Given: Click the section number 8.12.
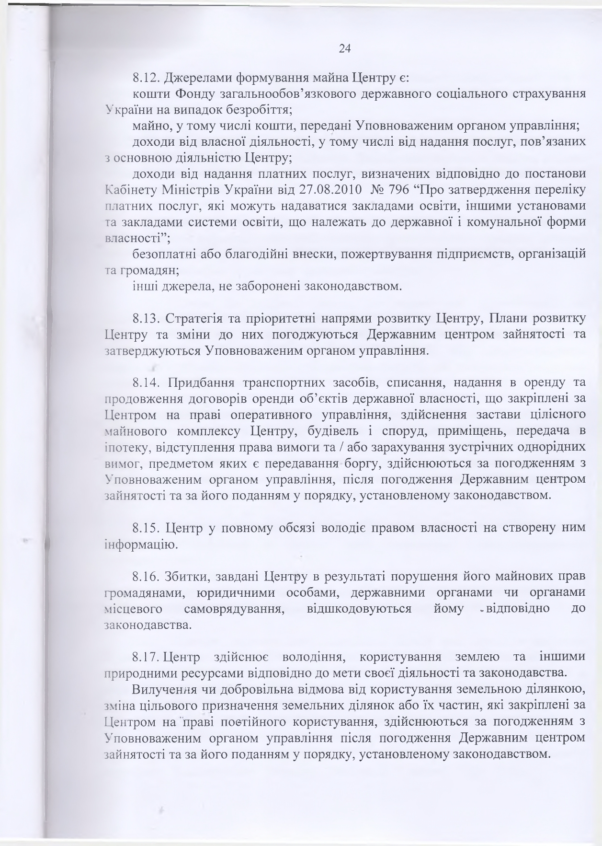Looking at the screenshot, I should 146,77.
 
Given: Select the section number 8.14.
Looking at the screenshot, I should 146,383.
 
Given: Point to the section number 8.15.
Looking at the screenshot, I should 146,528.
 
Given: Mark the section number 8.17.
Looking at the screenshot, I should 146,656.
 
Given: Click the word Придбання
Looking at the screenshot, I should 201,383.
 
